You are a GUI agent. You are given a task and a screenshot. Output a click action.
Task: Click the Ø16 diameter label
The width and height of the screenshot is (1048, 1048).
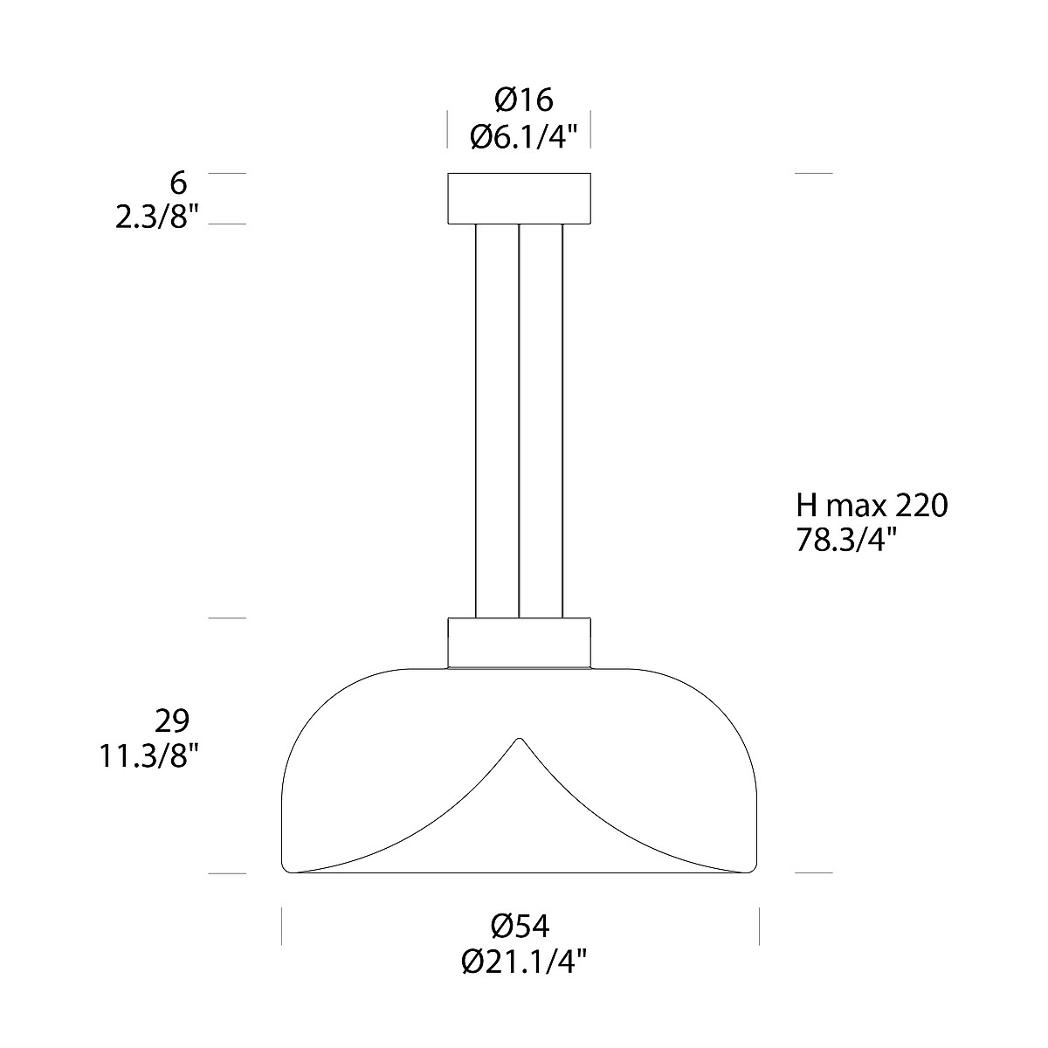pos(524,100)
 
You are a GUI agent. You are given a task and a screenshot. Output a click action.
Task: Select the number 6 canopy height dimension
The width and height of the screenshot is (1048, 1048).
pos(178,183)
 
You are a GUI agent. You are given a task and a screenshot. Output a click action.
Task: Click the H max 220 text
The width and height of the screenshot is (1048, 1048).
pos(872,506)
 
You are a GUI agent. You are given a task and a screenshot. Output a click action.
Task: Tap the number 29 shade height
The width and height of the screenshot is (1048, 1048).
pos(172,720)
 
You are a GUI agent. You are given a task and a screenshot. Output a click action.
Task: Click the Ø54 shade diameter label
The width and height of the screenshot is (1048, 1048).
pos(520,926)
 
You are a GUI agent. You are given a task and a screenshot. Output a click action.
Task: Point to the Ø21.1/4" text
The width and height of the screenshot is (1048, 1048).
pos(525,962)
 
